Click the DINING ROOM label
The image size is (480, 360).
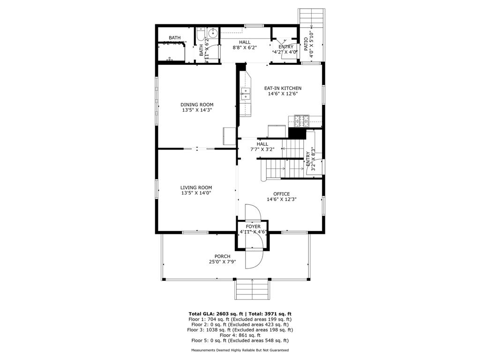[197, 105]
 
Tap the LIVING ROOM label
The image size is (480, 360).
[196, 187]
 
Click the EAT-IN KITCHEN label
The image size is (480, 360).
[282, 88]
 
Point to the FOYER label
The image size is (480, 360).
[253, 226]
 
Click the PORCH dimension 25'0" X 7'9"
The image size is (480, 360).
[222, 262]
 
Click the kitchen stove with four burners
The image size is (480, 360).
[300, 120]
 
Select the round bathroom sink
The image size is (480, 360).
[212, 33]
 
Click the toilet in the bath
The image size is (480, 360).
[200, 36]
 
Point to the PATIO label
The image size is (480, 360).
[306, 44]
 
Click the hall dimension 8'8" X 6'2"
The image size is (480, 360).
[245, 47]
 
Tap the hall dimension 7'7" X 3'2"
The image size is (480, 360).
[262, 149]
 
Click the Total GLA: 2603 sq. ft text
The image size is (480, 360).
[213, 314]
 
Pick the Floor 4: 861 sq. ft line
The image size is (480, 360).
[240, 335]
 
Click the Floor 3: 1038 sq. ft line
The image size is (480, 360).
[240, 330]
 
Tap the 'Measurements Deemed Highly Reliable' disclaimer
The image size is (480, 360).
[240, 350]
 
